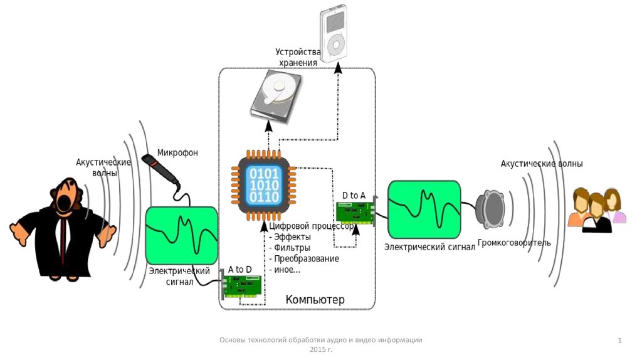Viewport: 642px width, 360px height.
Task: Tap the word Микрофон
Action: [177, 152]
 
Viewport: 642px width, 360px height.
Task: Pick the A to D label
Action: [239, 270]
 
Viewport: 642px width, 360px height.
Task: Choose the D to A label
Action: [354, 196]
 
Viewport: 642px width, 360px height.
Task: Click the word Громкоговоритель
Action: [514, 242]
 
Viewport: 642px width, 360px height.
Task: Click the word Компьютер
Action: [315, 300]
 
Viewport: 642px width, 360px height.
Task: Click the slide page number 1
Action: [619, 341]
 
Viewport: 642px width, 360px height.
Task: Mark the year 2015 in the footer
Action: [317, 348]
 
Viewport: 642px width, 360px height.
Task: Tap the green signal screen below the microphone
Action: [182, 235]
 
